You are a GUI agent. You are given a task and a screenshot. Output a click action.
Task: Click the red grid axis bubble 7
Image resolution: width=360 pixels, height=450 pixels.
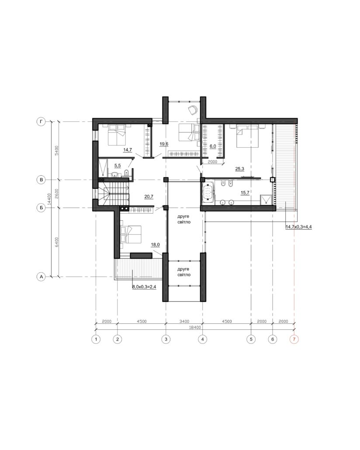coord(294,339)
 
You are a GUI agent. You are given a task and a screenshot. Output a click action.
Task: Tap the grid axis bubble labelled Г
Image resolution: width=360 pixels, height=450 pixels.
coord(42,122)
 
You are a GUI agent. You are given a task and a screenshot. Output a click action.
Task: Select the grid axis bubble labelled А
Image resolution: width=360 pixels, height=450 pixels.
coord(42,277)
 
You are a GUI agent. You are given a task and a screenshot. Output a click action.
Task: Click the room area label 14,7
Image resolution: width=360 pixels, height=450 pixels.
coord(128,150)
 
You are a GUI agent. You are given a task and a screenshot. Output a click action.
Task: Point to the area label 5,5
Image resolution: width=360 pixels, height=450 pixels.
coord(118,166)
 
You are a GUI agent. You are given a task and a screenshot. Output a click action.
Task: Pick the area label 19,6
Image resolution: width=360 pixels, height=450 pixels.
coord(164,144)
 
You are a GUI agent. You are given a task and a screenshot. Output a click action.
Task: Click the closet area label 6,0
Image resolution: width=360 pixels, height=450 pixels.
coord(213,146)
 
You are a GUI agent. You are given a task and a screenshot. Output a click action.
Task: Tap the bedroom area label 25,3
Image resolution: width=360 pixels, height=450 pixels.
coord(240,169)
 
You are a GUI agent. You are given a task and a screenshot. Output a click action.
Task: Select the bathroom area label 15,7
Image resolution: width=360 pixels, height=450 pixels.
coord(245,193)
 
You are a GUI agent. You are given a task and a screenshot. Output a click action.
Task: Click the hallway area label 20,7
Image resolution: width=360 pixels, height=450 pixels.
coord(149,197)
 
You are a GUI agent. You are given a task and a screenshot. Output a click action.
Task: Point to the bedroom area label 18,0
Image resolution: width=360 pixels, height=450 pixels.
coord(155,245)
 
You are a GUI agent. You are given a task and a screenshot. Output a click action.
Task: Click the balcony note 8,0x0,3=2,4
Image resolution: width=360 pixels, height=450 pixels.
coord(144,287)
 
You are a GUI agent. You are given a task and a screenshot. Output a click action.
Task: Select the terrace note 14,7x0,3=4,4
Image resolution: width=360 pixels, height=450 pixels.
coord(298,227)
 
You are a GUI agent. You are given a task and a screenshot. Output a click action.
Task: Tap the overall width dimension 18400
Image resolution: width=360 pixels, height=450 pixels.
coord(195,327)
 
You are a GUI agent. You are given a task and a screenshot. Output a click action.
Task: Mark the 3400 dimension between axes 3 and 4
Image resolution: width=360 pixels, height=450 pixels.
coord(184,322)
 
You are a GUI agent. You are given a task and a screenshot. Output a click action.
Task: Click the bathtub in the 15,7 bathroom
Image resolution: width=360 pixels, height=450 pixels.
coord(208,192)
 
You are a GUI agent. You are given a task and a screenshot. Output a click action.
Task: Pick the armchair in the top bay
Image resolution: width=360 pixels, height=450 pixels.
coord(192,110)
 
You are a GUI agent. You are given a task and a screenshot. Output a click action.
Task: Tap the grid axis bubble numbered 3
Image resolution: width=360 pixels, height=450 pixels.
coord(166,339)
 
